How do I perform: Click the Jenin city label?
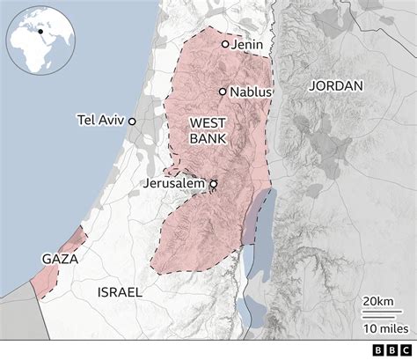point(248,44)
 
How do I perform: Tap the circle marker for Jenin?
point(225,43)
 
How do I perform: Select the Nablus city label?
point(251,92)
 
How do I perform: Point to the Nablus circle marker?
point(223,91)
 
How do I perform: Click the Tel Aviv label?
point(101,121)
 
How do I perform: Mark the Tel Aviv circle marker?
point(132,121)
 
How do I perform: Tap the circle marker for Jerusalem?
point(213,184)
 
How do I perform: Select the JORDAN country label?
point(336,86)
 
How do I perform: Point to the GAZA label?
point(60,261)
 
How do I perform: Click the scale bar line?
point(380,313)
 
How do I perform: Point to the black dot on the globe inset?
point(40,31)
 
